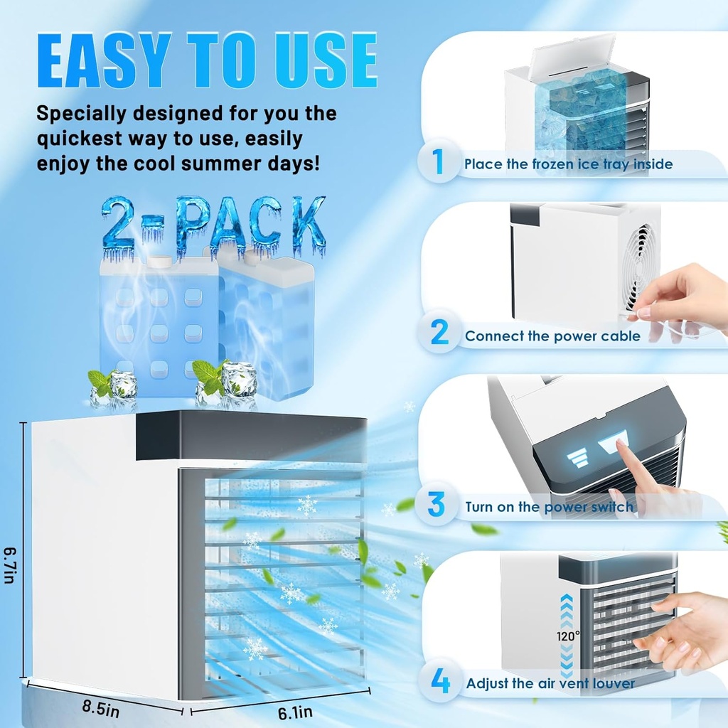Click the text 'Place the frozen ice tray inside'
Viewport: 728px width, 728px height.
tap(568, 164)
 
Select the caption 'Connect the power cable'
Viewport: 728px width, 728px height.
tap(552, 336)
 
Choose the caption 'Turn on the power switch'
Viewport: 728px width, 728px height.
tap(549, 507)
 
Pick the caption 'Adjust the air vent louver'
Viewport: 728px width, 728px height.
tap(550, 683)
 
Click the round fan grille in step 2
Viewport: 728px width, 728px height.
tap(639, 269)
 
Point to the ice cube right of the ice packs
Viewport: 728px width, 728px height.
tap(239, 379)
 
